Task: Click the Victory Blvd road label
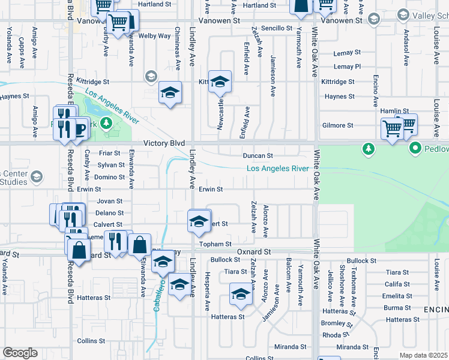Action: [x=163, y=144]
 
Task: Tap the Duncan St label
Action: [x=258, y=156]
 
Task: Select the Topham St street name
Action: [x=215, y=244]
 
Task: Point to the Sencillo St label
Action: [x=276, y=28]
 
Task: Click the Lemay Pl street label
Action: [x=347, y=67]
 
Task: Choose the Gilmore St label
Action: [x=337, y=125]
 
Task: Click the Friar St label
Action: [x=109, y=154]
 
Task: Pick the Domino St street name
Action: [x=109, y=178]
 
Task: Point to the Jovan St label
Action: [x=109, y=202]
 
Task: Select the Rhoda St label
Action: [x=336, y=335]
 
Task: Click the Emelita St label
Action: [x=396, y=296]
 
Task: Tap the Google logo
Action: [x=20, y=353]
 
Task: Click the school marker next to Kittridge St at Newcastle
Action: [x=220, y=82]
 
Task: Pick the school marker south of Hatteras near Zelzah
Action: [x=241, y=295]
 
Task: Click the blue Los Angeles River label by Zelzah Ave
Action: [x=278, y=169]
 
